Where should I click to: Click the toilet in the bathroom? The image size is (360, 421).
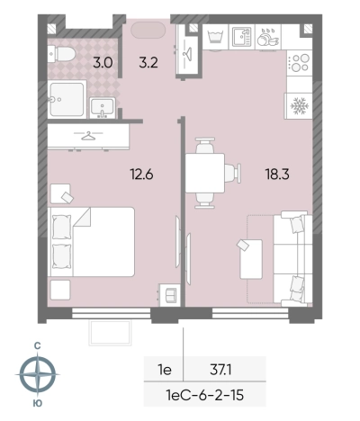(x=61, y=54)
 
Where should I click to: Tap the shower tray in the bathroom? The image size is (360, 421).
(x=67, y=99)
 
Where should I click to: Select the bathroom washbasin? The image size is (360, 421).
(x=103, y=108)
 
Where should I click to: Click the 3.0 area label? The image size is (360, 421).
(x=103, y=63)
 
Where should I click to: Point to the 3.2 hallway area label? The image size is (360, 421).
(x=148, y=63)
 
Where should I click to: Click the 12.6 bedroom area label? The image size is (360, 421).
(x=141, y=174)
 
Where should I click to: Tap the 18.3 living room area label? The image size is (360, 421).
(x=277, y=174)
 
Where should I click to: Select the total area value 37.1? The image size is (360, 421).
(x=220, y=370)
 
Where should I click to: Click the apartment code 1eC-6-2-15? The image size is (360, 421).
(x=205, y=395)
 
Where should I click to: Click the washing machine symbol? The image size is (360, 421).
(x=215, y=37)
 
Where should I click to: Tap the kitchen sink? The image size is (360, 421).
(x=241, y=37)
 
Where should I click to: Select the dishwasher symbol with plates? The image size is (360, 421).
(x=268, y=37)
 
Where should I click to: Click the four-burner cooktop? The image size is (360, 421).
(x=300, y=63)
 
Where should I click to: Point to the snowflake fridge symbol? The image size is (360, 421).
(x=300, y=106)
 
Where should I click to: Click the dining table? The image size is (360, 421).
(x=205, y=173)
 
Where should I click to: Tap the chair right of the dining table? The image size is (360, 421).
(x=233, y=173)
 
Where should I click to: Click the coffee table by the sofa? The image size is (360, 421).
(x=251, y=259)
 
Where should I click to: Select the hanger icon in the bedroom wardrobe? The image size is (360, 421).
(x=88, y=136)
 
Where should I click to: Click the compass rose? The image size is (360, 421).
(x=38, y=374)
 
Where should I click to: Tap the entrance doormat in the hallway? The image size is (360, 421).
(x=148, y=30)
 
